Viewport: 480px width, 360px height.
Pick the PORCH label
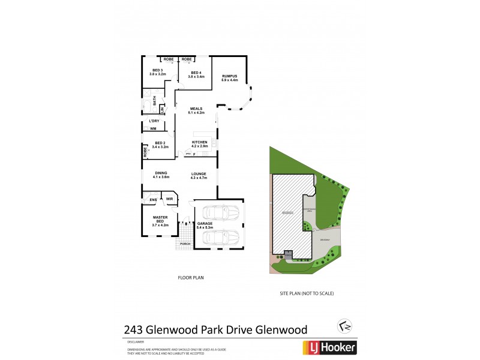tap(185, 245)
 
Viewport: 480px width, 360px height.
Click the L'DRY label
tap(154, 122)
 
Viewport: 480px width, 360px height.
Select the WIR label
tap(169, 199)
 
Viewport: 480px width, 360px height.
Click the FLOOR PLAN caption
tap(191, 278)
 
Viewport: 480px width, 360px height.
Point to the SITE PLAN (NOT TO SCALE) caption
tap(307, 293)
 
